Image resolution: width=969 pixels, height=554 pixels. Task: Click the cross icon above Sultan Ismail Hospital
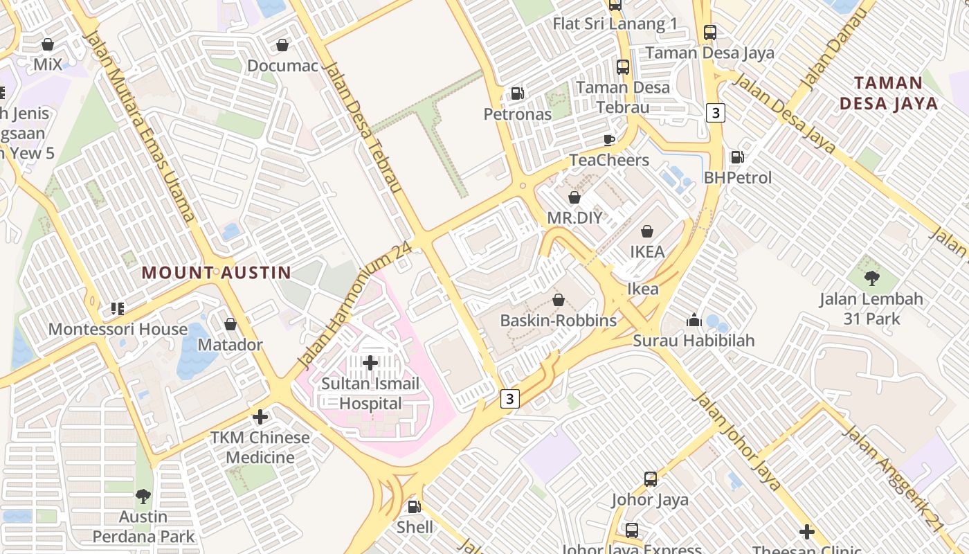tap(370, 362)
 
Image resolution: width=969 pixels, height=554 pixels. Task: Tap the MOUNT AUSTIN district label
tap(217, 272)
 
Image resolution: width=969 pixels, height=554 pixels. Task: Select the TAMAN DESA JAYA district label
tap(889, 93)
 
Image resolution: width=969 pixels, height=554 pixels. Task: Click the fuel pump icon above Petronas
tap(517, 93)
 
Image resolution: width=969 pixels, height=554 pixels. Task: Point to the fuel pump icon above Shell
tap(415, 507)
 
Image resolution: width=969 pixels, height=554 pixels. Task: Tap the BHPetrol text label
tap(737, 178)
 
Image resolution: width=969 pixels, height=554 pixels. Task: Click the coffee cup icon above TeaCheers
tap(609, 140)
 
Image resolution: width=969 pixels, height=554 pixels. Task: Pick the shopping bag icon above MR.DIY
tap(574, 197)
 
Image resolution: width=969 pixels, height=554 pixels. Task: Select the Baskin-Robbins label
tap(558, 321)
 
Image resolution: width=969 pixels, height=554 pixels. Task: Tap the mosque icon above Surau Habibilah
tap(694, 320)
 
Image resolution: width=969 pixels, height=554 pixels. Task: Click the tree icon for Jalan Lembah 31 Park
tap(871, 278)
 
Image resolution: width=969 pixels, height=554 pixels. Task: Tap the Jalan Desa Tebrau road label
tap(362, 129)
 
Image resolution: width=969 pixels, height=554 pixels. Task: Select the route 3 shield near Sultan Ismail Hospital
tap(510, 398)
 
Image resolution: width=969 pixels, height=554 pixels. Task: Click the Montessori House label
tap(118, 329)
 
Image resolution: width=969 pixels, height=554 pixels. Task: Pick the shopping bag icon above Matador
tap(230, 324)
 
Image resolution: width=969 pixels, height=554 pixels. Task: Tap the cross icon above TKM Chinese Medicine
tap(260, 417)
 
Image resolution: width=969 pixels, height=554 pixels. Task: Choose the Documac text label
tap(282, 66)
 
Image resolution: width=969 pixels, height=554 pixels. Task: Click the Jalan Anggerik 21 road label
tap(892, 477)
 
